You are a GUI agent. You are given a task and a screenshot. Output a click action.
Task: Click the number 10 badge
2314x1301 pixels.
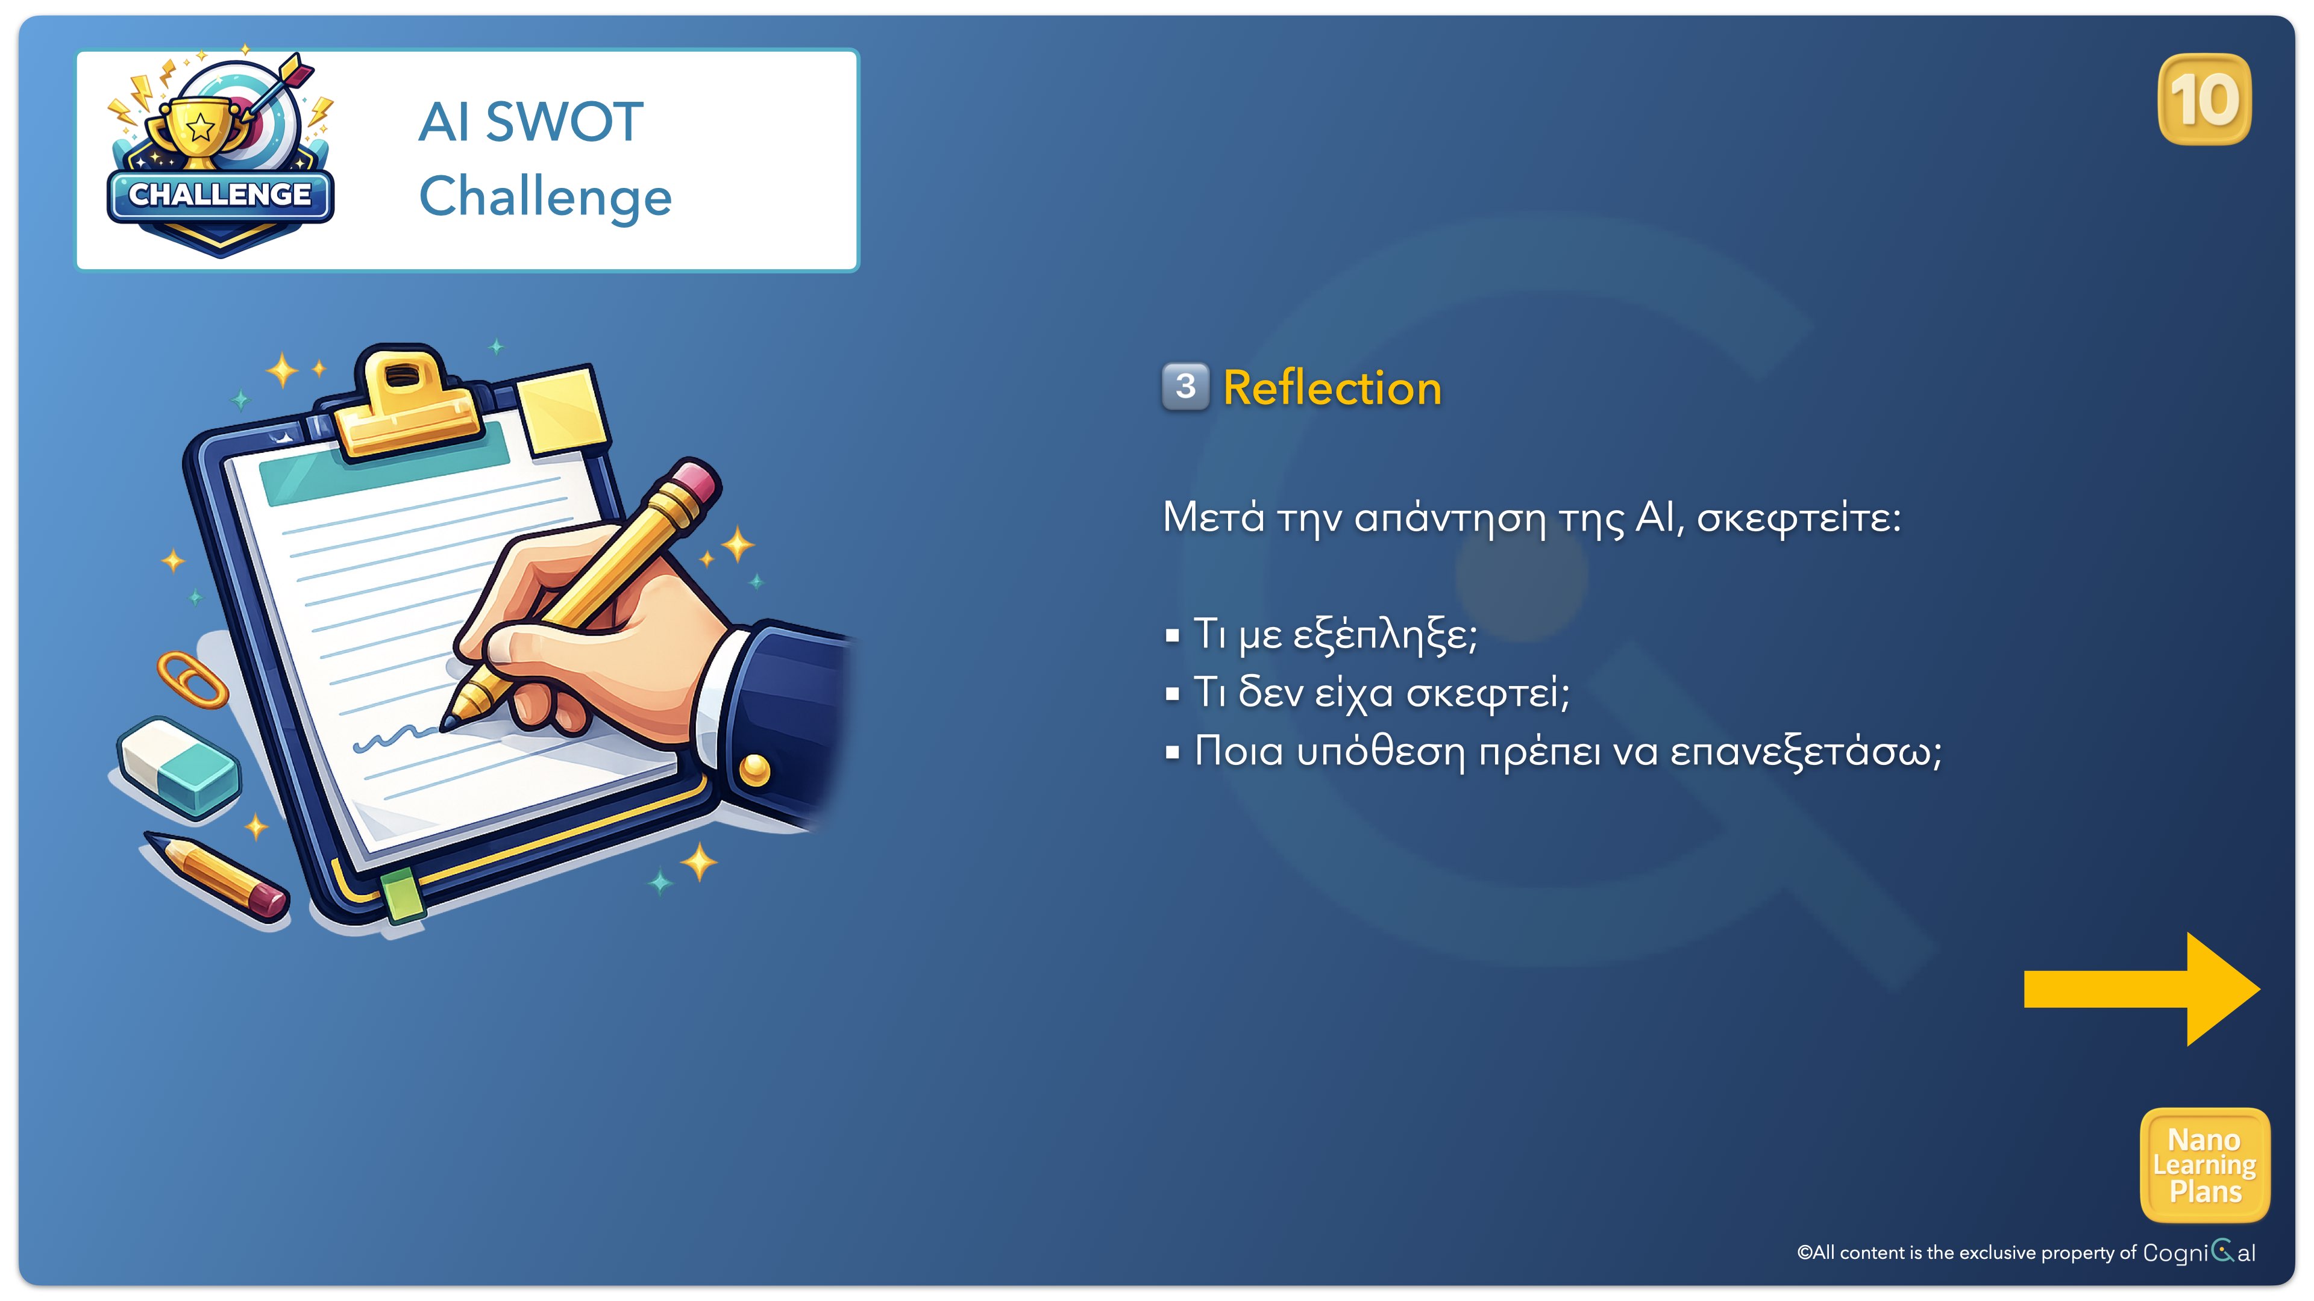pos(2204,99)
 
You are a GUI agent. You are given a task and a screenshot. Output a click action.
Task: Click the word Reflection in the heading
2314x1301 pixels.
pos(1332,388)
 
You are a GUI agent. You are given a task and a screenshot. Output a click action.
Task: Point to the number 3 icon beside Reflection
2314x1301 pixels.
pos(1186,387)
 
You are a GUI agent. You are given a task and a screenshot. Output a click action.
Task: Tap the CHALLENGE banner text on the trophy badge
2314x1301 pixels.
pos(220,194)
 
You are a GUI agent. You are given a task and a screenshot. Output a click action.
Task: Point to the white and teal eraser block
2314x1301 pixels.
pos(179,768)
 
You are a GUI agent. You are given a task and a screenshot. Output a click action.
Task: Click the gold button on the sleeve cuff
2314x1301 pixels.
pos(754,770)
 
